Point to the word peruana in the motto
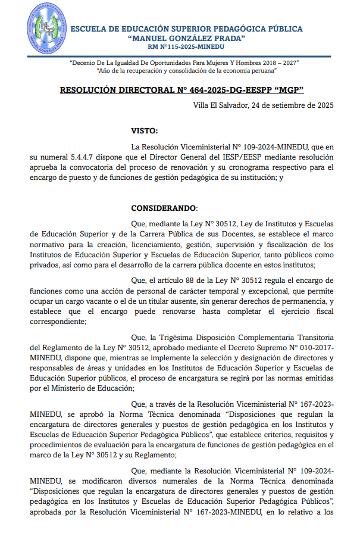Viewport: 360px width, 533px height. [260, 70]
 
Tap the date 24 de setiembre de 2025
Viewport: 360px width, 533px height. [293, 105]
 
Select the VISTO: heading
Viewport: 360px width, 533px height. [145, 130]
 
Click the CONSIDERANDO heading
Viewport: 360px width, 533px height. [162, 208]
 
